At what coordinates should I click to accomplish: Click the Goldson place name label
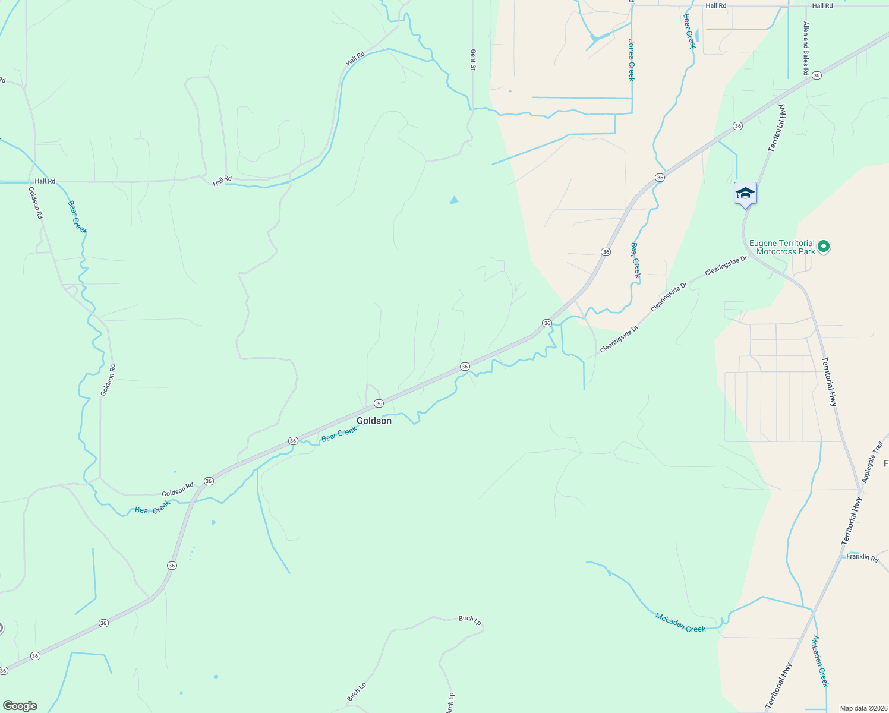pos(374,421)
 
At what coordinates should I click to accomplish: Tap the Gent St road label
pos(474,60)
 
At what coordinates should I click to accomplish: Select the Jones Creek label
pos(631,60)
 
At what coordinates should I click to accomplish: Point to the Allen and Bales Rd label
pos(806,49)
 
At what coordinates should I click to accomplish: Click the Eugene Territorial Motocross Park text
pos(781,247)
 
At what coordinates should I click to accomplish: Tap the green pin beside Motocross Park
pos(823,246)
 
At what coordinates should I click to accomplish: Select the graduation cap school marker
pos(745,194)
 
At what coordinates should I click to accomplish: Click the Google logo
pos(20,706)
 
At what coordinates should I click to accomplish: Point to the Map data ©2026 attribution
pos(863,708)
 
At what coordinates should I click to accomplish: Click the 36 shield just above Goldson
pos(379,403)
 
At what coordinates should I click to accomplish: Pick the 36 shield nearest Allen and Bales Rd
pos(817,75)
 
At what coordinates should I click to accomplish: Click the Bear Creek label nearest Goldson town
pos(339,435)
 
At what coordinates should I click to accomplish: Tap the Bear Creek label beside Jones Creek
pos(689,31)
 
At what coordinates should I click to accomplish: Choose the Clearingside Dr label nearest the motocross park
pos(726,266)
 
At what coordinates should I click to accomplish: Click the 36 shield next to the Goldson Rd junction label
pos(209,481)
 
